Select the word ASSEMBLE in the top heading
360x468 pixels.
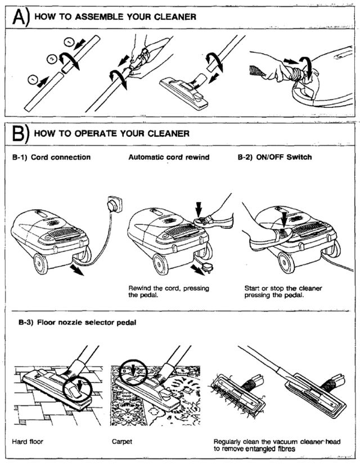click(94, 16)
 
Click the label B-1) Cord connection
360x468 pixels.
click(51, 157)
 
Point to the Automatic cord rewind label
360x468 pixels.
click(169, 157)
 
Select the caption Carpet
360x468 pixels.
click(121, 442)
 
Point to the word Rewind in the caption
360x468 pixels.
click(139, 289)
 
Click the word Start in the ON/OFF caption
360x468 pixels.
click(252, 289)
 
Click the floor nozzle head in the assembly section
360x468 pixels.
click(183, 88)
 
